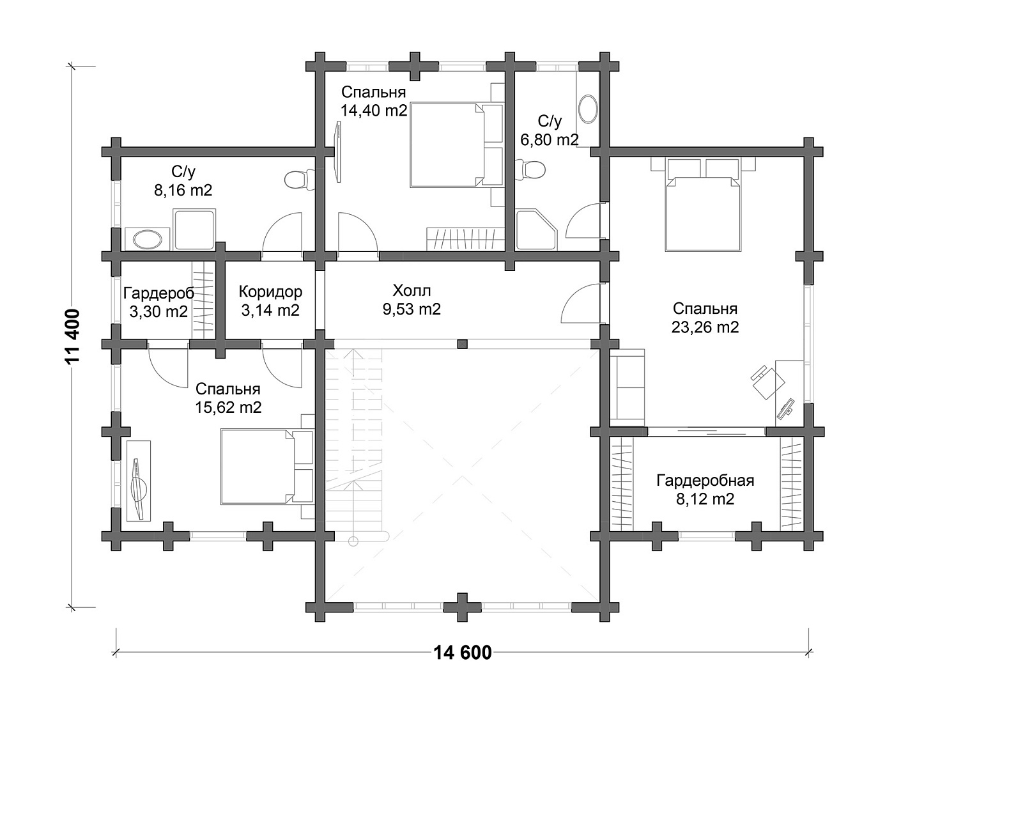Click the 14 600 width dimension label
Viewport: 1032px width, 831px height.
click(463, 653)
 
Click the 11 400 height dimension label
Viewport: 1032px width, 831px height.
click(72, 337)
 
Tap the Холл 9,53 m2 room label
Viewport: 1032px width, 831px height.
click(412, 300)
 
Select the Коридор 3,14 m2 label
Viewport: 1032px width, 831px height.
click(270, 301)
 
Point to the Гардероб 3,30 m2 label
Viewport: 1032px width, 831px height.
click(158, 302)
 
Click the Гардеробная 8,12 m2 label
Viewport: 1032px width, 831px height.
click(705, 490)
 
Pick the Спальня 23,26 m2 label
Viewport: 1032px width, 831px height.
click(705, 318)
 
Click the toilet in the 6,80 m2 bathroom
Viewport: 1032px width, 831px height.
click(531, 170)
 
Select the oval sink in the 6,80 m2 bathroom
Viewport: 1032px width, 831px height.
click(588, 109)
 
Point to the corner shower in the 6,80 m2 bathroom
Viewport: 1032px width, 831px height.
click(536, 229)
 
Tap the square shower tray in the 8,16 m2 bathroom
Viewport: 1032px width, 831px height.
click(194, 229)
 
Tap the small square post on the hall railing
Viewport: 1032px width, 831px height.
click(462, 344)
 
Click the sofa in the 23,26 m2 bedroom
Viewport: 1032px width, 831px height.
click(628, 387)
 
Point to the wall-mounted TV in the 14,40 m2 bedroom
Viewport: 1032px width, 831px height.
click(339, 151)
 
